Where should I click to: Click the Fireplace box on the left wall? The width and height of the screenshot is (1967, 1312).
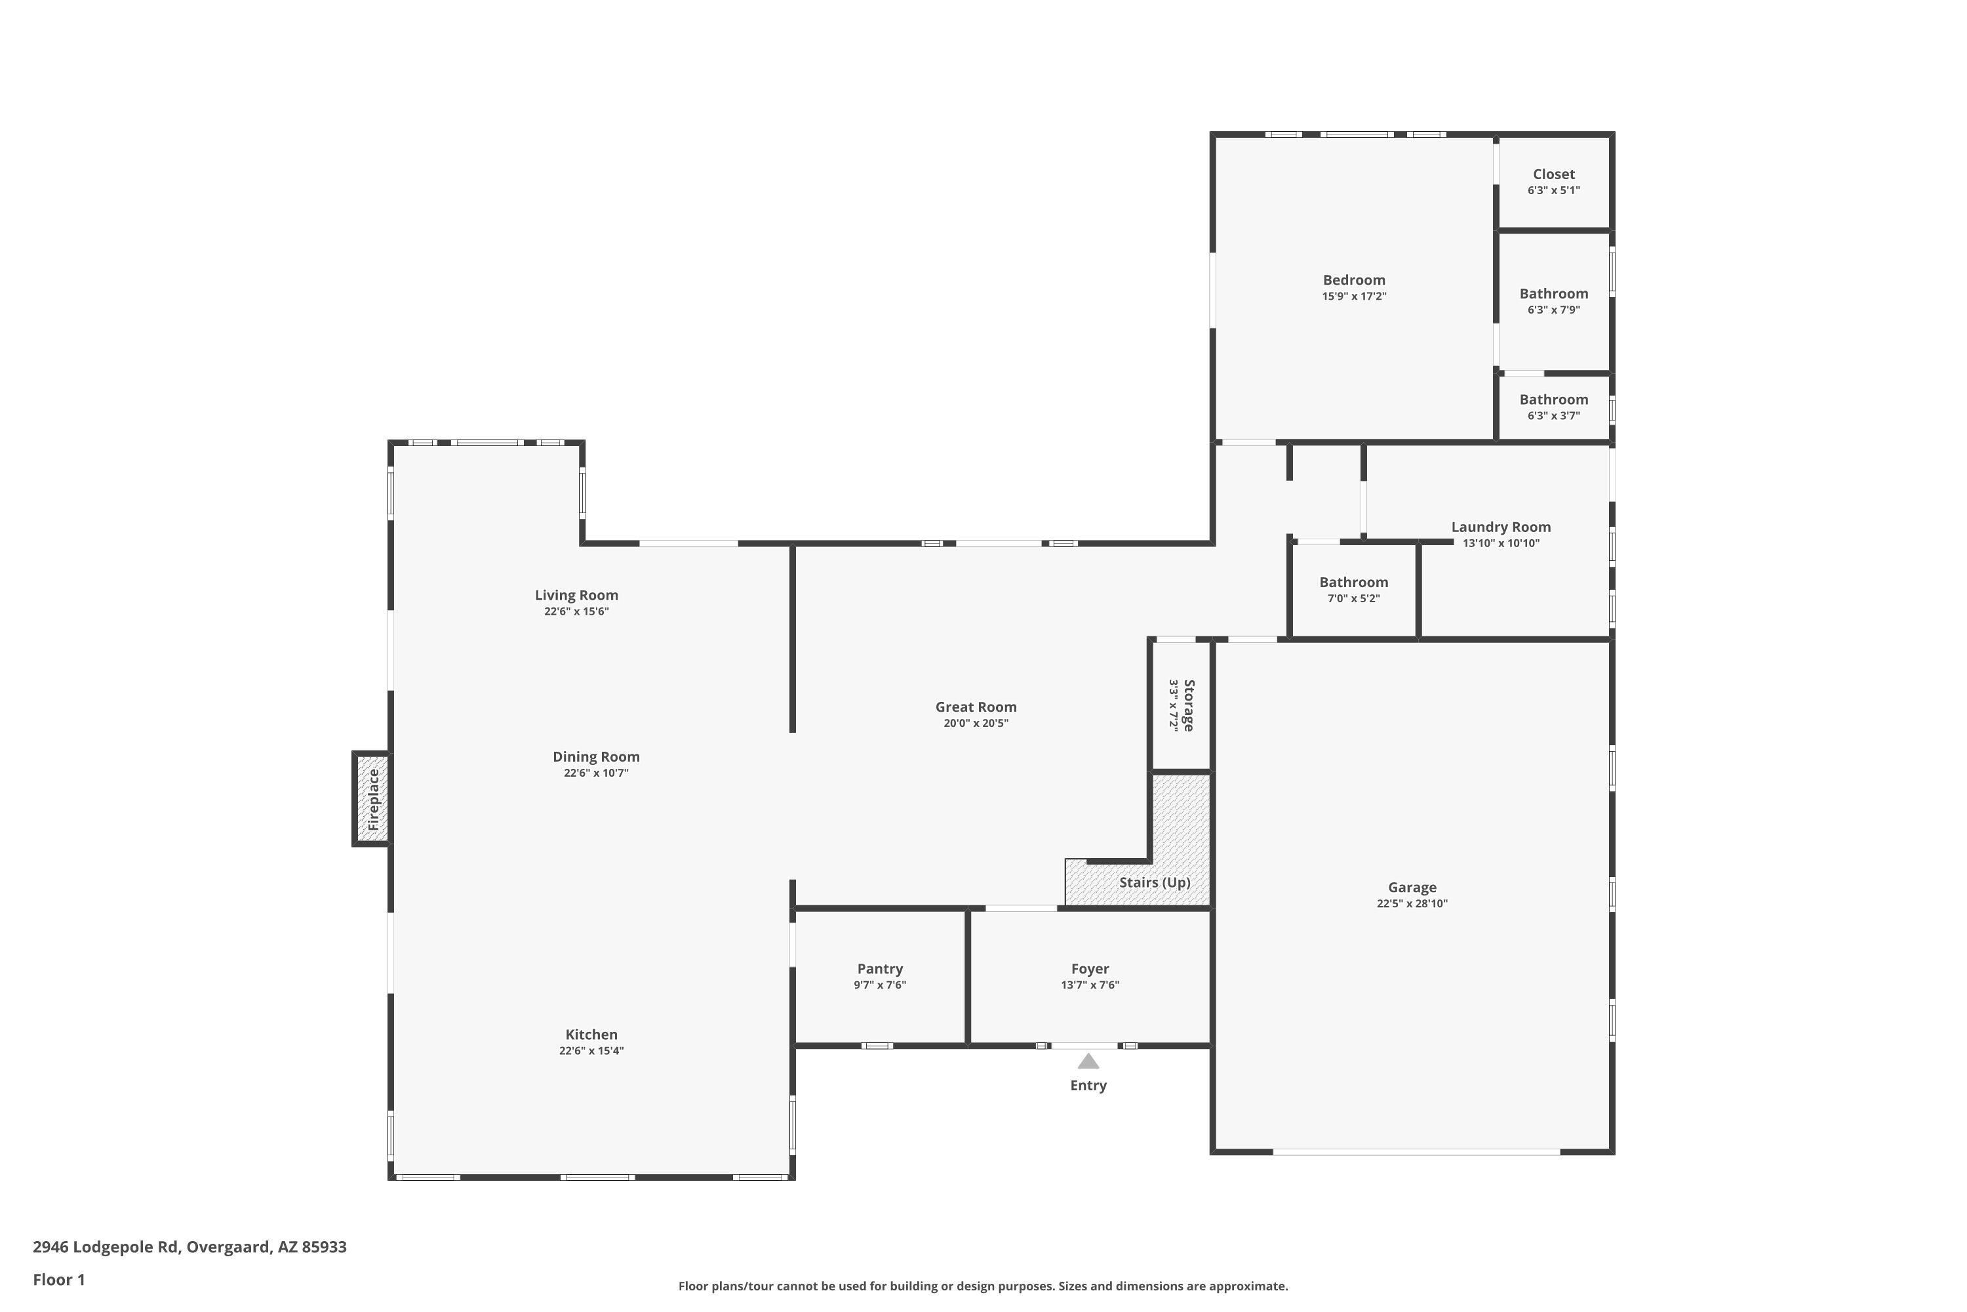[371, 799]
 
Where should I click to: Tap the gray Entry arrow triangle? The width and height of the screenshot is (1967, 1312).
[1088, 1061]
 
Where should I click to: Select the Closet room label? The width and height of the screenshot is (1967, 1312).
[1554, 174]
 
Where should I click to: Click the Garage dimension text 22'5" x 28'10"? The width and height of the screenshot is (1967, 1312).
[1412, 904]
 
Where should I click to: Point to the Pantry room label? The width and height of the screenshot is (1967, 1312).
[880, 969]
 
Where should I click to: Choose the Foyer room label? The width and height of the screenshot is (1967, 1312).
[1090, 969]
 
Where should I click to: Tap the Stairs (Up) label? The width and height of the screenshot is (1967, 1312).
[1155, 883]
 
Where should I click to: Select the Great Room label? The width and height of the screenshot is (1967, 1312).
[976, 707]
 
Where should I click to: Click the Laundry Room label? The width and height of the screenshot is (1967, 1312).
[1501, 527]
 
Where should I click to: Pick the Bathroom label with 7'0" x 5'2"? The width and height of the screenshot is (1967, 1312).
[1354, 583]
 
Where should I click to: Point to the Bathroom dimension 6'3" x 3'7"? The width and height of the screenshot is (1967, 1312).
[1554, 416]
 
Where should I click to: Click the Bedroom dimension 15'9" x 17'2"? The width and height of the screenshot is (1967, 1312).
[1354, 297]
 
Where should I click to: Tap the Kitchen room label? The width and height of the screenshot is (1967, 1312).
[591, 1035]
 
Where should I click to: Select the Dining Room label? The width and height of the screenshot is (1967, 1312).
[596, 757]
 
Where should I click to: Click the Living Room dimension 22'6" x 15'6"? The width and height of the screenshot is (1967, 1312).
[576, 611]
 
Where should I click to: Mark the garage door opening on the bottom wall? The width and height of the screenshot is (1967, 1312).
[1417, 1152]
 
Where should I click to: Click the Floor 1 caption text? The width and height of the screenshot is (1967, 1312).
[58, 1279]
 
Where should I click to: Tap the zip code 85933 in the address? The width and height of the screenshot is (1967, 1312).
[324, 1247]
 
